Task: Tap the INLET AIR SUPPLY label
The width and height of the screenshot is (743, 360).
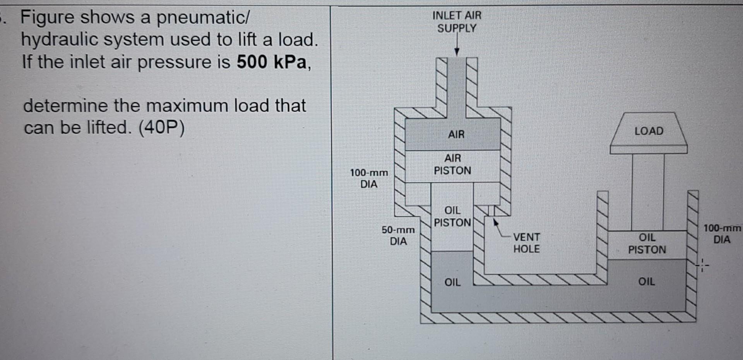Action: (457, 22)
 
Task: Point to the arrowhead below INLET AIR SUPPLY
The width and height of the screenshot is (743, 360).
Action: (457, 52)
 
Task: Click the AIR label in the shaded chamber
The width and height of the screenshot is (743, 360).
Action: (456, 134)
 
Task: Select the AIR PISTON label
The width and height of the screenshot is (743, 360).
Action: (452, 164)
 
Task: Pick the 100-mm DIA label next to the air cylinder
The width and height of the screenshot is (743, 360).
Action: (369, 178)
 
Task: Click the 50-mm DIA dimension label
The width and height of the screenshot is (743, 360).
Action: (398, 235)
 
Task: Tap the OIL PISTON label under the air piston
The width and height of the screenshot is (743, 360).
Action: (452, 216)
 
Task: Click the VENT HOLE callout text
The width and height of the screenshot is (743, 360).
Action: (526, 243)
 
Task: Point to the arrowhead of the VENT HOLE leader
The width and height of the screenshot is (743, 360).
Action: (495, 222)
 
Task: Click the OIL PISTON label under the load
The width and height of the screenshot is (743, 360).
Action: (647, 243)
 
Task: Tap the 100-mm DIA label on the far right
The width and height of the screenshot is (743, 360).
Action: (722, 234)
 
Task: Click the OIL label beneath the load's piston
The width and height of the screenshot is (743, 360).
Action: (647, 281)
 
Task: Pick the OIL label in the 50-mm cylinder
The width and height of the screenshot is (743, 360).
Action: (452, 282)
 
